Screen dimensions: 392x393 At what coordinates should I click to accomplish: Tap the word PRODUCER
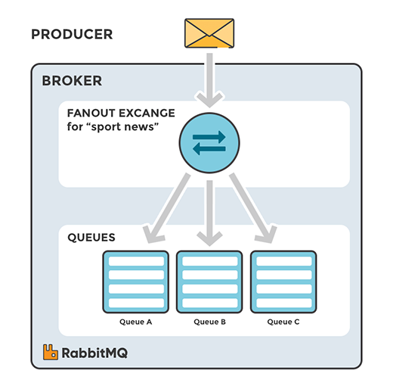(72, 35)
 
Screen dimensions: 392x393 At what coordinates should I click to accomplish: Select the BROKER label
(72, 81)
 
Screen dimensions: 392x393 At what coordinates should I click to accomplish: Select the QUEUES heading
(91, 237)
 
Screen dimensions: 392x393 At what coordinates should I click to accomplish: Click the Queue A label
(136, 322)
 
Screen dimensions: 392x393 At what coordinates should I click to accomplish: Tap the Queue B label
(209, 322)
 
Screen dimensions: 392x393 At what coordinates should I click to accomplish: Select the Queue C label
(283, 322)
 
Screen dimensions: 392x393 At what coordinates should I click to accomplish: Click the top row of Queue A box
(136, 261)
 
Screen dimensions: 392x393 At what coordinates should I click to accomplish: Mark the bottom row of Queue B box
(209, 303)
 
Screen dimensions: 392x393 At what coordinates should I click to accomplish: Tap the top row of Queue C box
(283, 261)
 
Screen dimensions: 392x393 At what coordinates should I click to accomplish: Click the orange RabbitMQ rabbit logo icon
(51, 352)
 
